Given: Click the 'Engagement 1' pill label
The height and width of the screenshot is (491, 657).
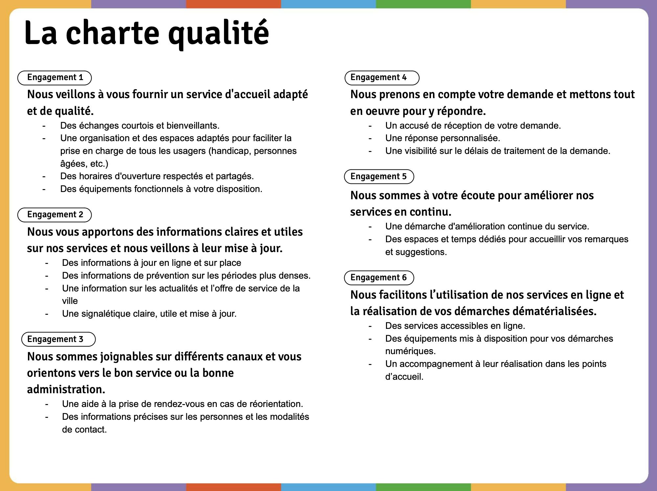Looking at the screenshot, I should (55, 78).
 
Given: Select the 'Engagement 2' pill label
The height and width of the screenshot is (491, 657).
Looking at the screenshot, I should (55, 215).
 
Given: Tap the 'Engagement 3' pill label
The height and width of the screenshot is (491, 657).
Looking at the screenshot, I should (58, 339).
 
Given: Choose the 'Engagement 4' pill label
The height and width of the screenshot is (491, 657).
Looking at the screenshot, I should (382, 78).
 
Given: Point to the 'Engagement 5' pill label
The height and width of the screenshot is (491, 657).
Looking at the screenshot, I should (379, 177).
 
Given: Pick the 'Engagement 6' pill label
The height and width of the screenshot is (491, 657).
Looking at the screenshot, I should (379, 278).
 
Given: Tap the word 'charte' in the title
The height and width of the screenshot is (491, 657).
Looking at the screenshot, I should (112, 33).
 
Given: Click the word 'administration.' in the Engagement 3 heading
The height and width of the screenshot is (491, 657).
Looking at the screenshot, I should (66, 390).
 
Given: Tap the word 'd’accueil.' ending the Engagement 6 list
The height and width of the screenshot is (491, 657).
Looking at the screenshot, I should (404, 377).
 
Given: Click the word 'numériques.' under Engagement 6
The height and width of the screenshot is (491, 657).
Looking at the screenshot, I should (410, 351).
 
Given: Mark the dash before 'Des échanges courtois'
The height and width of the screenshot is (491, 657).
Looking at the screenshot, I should (44, 126).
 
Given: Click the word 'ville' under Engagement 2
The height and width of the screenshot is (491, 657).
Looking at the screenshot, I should (70, 301).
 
